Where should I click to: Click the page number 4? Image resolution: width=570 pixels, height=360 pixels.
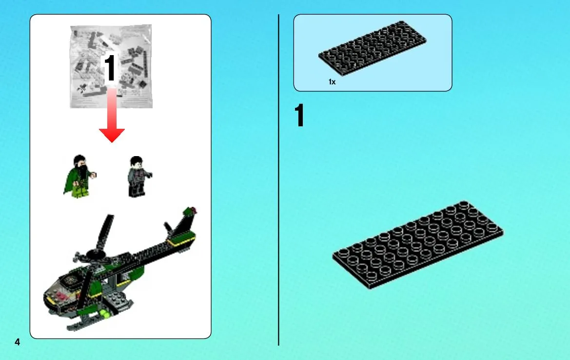click(x=17, y=342)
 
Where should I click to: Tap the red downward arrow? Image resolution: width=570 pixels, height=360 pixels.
click(x=112, y=116)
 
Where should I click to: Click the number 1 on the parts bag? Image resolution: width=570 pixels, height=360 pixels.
click(x=110, y=68)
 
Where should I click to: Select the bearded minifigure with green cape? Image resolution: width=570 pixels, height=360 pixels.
click(x=79, y=177)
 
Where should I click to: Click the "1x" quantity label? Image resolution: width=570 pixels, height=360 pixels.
click(x=332, y=82)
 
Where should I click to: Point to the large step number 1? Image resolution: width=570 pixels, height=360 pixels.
click(x=299, y=115)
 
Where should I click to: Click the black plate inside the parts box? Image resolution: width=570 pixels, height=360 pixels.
click(x=372, y=48)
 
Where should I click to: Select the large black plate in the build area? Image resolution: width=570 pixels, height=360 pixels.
click(x=418, y=245)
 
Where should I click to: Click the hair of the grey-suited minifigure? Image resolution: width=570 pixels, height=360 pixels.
click(x=137, y=160)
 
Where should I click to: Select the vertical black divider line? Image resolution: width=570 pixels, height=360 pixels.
click(x=278, y=180)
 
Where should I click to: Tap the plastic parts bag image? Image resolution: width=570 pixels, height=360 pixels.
click(x=111, y=66)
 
